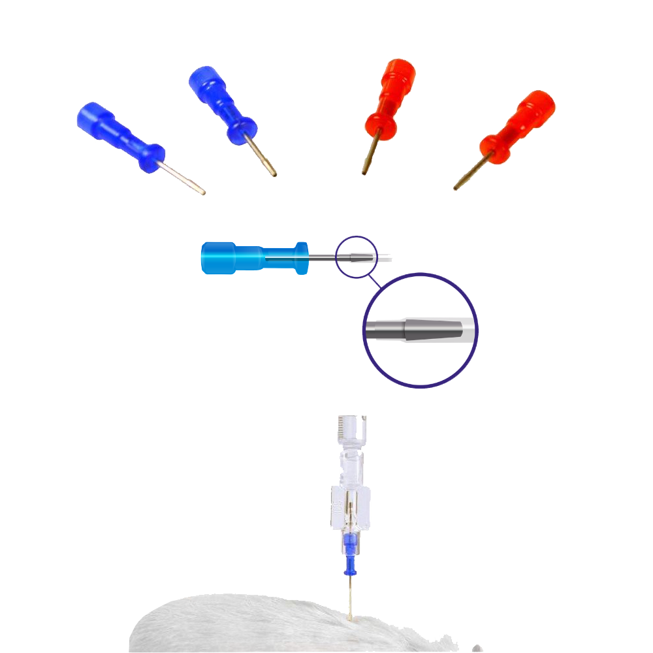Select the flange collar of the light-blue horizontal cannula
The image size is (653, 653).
point(301,258)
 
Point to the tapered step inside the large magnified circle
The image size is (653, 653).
point(403,329)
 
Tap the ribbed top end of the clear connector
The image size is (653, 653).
point(351,426)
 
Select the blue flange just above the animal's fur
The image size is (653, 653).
point(351,572)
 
